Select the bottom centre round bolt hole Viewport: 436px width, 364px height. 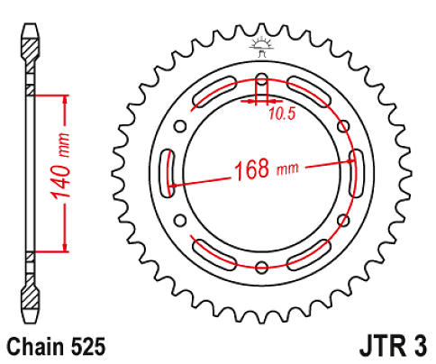point(262,266)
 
